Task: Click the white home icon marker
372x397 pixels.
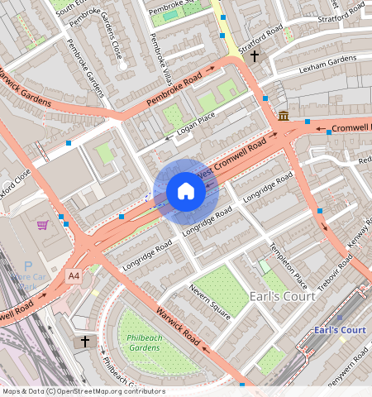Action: click(x=186, y=192)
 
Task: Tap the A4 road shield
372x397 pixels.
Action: click(x=74, y=275)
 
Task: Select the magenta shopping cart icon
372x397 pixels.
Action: click(x=42, y=225)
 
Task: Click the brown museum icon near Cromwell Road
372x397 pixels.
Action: click(x=284, y=115)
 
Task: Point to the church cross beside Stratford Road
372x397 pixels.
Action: click(x=255, y=56)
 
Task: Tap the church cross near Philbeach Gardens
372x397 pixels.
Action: click(x=84, y=342)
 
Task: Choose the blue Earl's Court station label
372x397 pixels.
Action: click(x=339, y=330)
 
